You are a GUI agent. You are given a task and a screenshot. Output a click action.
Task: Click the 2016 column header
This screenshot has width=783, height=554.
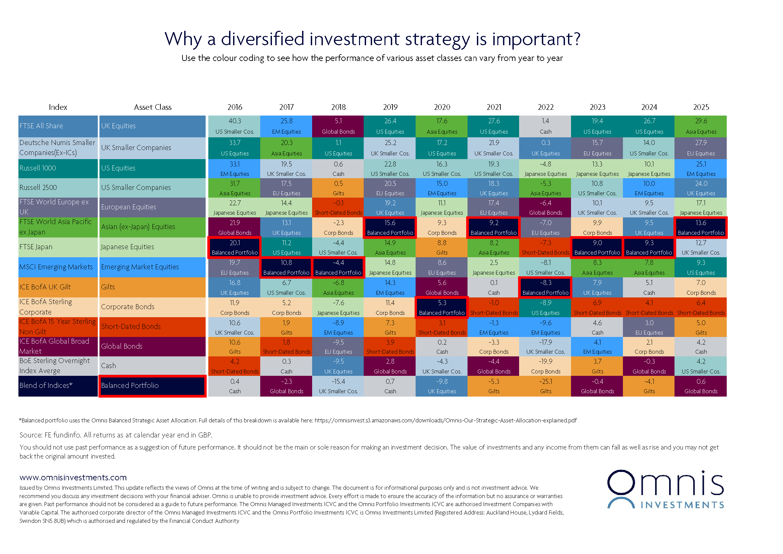coord(235,107)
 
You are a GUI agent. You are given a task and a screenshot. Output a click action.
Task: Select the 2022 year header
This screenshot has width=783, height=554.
coord(545,107)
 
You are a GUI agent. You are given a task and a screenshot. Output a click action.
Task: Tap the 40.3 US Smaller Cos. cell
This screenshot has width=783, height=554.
coord(235,126)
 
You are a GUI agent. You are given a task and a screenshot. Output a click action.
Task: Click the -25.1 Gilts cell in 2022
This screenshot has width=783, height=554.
coord(545,386)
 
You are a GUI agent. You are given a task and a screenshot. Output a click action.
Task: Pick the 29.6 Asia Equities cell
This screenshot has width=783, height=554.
coord(701,126)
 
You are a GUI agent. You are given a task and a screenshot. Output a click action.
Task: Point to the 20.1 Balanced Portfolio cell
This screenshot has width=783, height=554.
coord(235,248)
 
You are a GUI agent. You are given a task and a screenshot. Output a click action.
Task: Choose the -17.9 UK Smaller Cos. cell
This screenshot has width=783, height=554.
coord(545,347)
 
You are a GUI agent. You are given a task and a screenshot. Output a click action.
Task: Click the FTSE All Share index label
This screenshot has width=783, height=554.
coord(58,126)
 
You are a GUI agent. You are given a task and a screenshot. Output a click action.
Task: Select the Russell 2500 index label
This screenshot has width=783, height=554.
coord(58,187)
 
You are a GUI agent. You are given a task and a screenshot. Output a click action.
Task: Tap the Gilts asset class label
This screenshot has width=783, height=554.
coord(152,287)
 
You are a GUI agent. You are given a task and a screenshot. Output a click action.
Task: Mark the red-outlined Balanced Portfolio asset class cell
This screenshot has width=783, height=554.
coord(152,386)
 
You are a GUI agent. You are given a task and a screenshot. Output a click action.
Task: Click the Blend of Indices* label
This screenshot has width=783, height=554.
coord(58,386)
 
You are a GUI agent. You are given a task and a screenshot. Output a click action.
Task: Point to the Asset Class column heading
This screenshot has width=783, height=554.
coord(152,107)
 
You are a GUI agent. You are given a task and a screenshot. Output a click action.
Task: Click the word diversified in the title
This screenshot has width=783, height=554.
coord(262,39)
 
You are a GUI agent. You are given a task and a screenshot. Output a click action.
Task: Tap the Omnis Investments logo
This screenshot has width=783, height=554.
coord(665,489)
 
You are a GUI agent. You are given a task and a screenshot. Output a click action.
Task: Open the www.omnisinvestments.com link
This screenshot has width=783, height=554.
coord(73,477)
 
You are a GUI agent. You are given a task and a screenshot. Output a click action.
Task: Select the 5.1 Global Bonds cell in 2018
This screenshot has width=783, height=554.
coord(338,126)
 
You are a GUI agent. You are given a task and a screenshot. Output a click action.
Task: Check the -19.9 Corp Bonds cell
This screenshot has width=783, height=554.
coord(545,366)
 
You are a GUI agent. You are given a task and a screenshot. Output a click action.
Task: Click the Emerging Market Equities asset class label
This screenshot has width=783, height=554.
coord(152,267)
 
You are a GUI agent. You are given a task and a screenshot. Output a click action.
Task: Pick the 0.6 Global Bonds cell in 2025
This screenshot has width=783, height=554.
coord(701,386)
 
